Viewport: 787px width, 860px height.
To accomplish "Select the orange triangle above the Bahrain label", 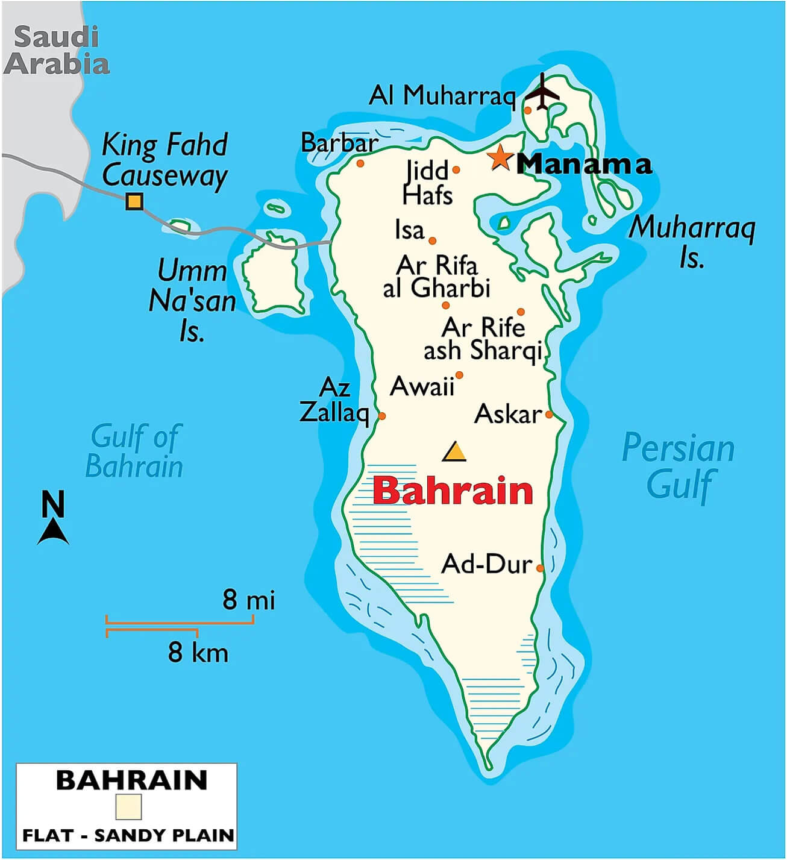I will point(454,451).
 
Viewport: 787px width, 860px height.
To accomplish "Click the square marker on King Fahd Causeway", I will point(134,201).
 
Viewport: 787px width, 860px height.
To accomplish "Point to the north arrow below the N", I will point(53,533).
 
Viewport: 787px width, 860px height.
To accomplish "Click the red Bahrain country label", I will point(453,491).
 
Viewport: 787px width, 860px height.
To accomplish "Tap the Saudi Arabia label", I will point(57,51).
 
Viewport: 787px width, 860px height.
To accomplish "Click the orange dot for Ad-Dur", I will point(540,568).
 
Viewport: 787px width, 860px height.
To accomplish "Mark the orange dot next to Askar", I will point(549,414).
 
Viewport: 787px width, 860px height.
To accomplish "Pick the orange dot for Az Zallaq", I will point(381,416).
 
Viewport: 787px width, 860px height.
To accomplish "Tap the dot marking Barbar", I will point(360,163).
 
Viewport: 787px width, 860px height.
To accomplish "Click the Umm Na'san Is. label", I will point(192,300).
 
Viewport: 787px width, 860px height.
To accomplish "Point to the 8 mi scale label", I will point(248,600).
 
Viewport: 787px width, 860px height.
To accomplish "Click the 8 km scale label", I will point(198,652).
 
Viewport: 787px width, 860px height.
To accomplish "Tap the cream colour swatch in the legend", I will point(128,806).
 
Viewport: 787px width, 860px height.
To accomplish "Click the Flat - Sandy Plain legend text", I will point(128,835).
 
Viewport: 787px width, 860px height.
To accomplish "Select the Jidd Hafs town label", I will point(427,183).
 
